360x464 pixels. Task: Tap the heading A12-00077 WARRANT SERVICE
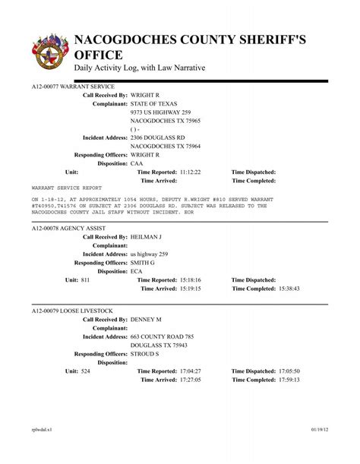68,88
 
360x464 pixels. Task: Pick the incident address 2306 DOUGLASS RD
157,137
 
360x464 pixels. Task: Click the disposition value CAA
137,163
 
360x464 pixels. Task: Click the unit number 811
85,280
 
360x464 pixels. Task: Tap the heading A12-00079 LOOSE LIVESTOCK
70,311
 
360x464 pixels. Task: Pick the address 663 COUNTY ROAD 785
162,336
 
